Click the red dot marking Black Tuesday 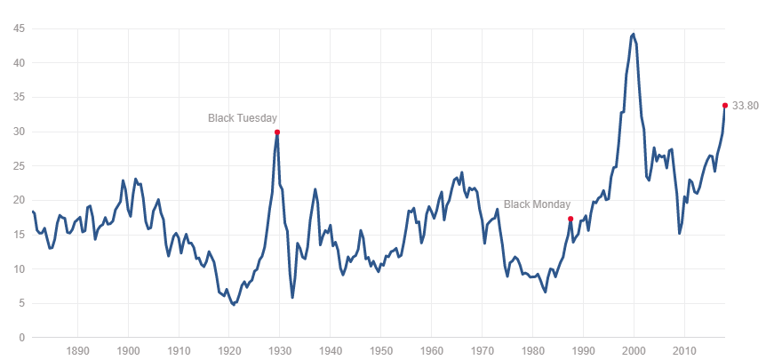(277, 132)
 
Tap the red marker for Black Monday (571, 219)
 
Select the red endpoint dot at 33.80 (725, 105)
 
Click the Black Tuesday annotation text (243, 117)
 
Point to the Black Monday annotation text (537, 204)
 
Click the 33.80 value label (746, 106)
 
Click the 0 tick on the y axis (22, 338)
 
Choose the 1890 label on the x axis (77, 350)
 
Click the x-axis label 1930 (279, 350)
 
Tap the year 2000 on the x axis (634, 350)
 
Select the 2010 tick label (684, 350)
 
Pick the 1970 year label (482, 350)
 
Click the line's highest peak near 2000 (633, 34)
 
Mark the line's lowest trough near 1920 (234, 305)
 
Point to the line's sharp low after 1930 (292, 297)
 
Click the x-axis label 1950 (380, 350)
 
